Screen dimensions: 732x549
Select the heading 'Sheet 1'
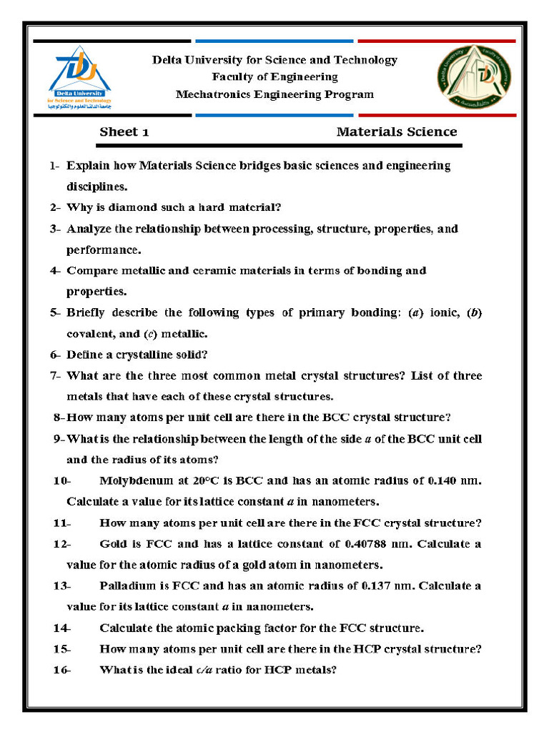(x=124, y=132)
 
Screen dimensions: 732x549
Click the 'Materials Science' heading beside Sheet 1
(x=396, y=132)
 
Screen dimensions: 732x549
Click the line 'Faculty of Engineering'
(x=274, y=77)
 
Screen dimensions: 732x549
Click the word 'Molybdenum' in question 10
(x=136, y=480)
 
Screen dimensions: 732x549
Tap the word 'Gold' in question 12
(x=113, y=544)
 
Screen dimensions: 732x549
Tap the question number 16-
(x=61, y=671)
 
